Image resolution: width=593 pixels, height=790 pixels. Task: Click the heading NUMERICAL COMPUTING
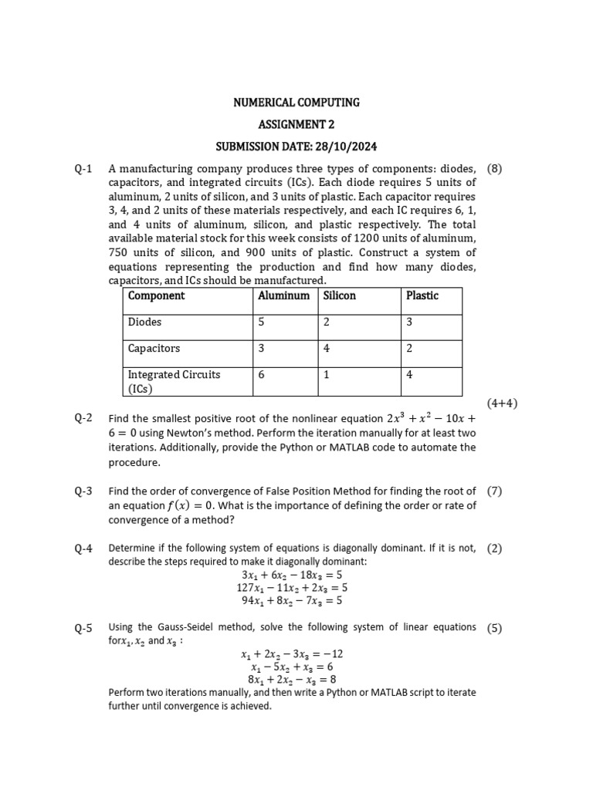coord(296,102)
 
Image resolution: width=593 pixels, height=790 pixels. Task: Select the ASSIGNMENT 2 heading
coord(296,124)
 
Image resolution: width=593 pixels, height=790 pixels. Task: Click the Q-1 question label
coord(83,169)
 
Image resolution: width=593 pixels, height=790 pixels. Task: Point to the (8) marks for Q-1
coord(494,169)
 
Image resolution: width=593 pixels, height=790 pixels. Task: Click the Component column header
coord(156,295)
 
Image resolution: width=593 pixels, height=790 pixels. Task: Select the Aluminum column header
coord(283,295)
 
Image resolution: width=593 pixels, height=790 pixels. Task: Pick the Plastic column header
coord(422,295)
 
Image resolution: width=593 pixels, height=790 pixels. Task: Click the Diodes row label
coord(144,322)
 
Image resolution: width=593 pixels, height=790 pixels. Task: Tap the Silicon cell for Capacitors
coord(327,349)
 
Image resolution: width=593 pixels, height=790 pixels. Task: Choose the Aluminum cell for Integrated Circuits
coord(262,375)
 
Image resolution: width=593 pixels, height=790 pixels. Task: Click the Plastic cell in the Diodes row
coord(409,322)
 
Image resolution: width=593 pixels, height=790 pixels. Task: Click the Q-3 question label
coord(83,491)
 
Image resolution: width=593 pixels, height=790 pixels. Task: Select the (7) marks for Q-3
coord(494,491)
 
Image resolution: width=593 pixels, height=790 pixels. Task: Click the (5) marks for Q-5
coord(494,628)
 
